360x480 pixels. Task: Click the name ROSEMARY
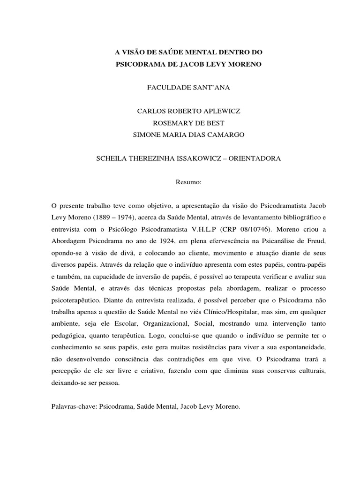click(171, 123)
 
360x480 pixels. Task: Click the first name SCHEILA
click(113, 158)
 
